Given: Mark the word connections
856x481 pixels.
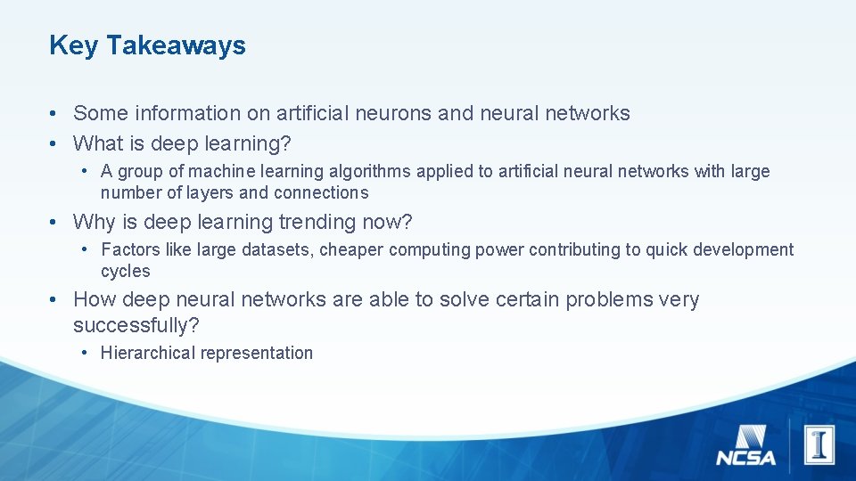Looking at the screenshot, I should [321, 192].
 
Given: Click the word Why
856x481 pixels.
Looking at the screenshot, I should [94, 221].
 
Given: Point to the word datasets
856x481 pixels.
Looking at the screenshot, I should [276, 249].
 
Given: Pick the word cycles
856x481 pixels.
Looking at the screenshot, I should [126, 271].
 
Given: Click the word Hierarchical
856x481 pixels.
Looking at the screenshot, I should [147, 353].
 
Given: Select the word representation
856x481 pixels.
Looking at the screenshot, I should [257, 353].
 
